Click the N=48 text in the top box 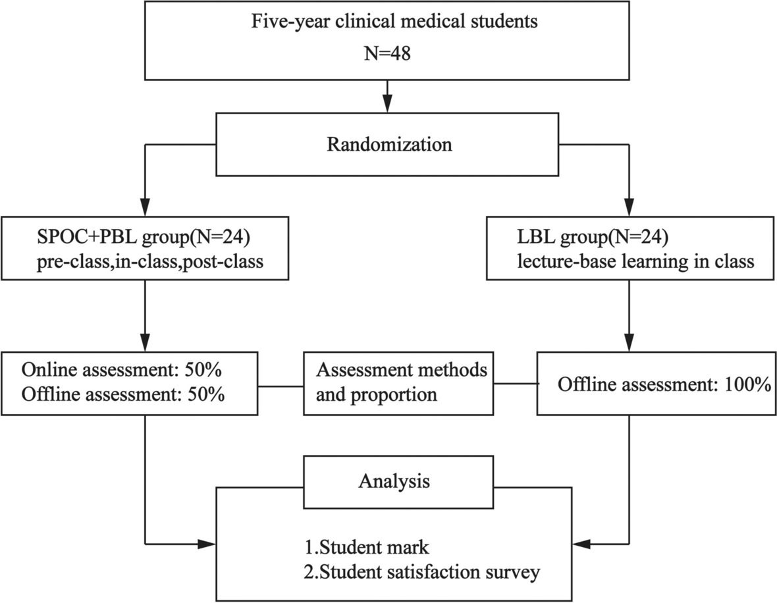point(387,53)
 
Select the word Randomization point(390,144)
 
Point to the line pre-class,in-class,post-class point(150,261)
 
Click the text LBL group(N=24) point(593,238)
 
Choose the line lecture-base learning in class point(636,261)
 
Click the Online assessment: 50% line point(121,369)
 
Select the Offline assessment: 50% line point(123,394)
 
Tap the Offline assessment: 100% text point(664,384)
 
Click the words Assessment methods point(402,369)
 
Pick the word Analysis point(394,481)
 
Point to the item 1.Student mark point(367,548)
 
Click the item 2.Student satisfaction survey point(422,572)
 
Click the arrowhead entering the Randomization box point(387,104)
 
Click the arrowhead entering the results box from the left point(207,544)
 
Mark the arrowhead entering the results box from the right point(581,544)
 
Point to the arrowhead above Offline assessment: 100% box point(630,342)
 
